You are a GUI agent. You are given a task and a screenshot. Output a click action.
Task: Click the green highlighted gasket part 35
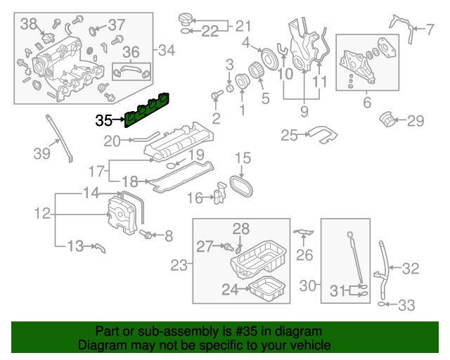150,109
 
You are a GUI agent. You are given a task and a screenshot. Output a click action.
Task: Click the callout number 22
210,31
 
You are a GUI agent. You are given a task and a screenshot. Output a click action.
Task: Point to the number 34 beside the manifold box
167,50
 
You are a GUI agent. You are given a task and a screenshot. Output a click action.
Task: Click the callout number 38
29,25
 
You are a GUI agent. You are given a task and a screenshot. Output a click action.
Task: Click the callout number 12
41,212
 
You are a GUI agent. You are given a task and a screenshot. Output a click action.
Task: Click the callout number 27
204,245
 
